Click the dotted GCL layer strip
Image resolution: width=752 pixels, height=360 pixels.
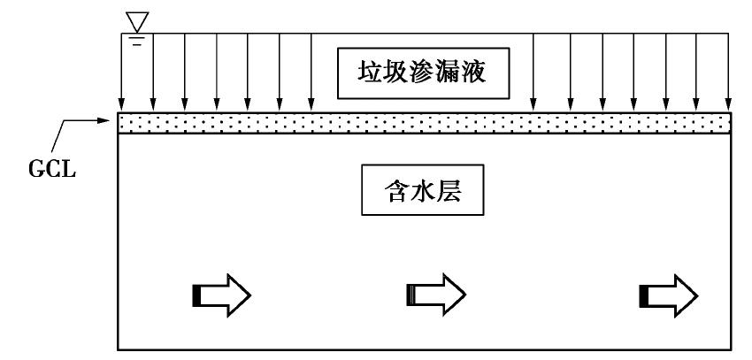[425, 122]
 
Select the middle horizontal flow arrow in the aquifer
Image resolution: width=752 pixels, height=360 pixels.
[435, 293]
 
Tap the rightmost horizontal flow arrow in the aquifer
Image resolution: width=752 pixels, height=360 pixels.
[669, 293]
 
